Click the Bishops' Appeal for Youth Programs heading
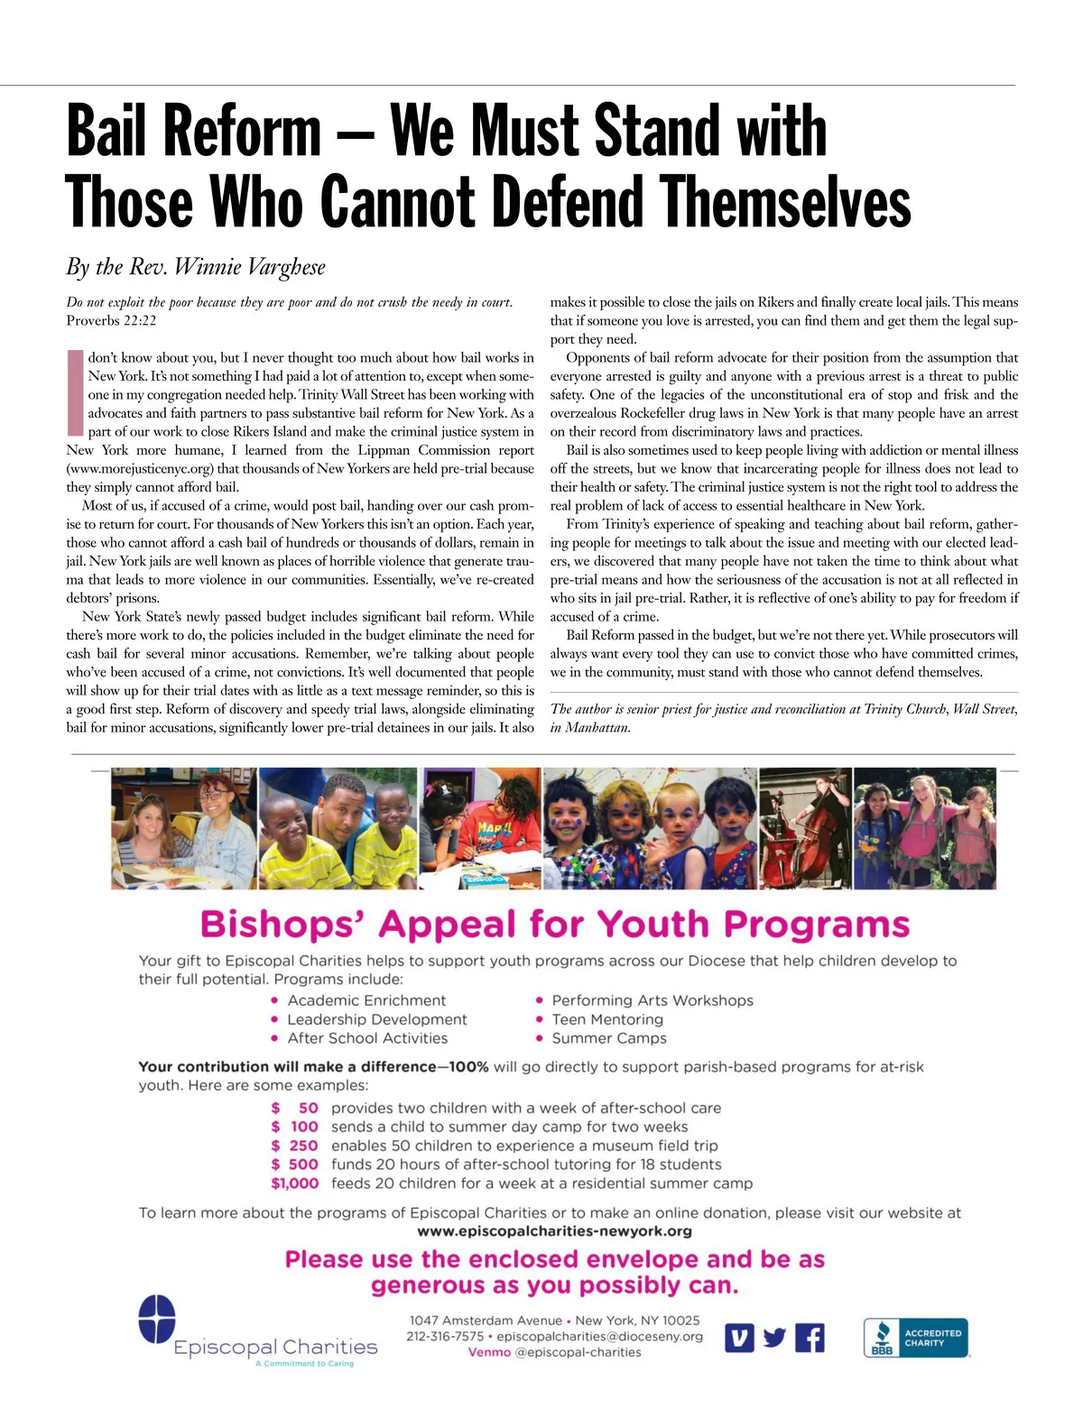pyautogui.click(x=554, y=925)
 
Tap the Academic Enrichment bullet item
pyautogui.click(x=366, y=1000)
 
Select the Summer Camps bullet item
pyautogui.click(x=609, y=1038)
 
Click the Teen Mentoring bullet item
pyautogui.click(x=607, y=1019)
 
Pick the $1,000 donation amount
pyautogui.click(x=294, y=1183)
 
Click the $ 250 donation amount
pyautogui.click(x=295, y=1146)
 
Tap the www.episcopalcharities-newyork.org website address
pyautogui.click(x=554, y=1231)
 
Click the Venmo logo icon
pyautogui.click(x=739, y=1338)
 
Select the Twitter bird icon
pyautogui.click(x=774, y=1338)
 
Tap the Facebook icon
pyautogui.click(x=810, y=1338)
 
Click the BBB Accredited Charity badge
pyautogui.click(x=915, y=1338)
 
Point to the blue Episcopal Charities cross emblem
pyautogui.click(x=157, y=1319)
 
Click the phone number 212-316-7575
pyautogui.click(x=445, y=1336)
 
